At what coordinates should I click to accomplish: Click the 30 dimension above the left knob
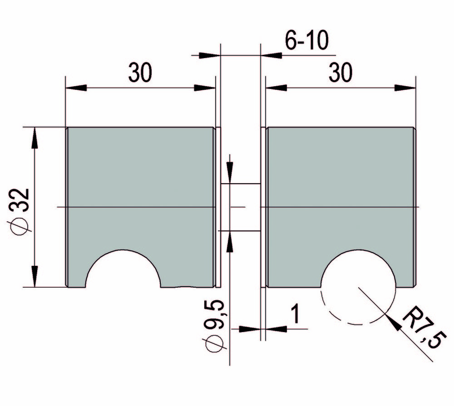140,73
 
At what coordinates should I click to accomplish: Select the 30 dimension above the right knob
340,73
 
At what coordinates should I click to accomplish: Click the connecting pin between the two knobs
240,207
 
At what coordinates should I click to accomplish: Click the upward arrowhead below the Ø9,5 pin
230,241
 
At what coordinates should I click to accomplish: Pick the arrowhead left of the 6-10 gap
209,55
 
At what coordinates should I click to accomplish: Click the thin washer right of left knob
217,207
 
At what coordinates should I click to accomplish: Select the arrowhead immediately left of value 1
250,328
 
